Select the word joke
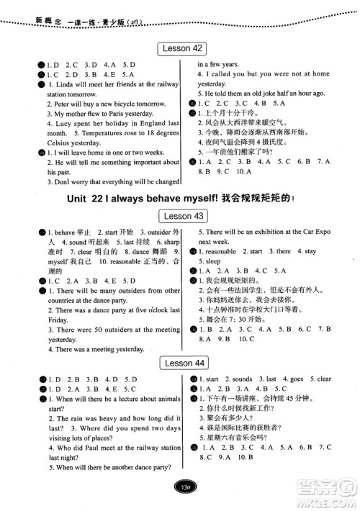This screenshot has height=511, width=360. point(273,94)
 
